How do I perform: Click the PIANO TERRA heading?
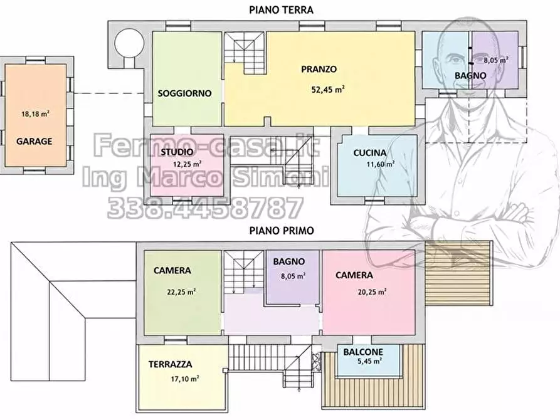(x=281, y=9)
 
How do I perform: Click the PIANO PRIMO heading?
(x=282, y=230)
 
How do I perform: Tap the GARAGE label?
(x=34, y=141)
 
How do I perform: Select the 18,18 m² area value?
(x=35, y=114)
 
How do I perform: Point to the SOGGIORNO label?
(x=184, y=93)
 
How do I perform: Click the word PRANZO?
(x=319, y=69)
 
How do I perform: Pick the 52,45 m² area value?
(x=328, y=89)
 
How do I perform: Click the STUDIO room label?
(x=177, y=152)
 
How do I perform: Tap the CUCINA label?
(x=369, y=153)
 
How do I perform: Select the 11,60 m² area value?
(x=381, y=164)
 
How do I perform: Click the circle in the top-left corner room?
(x=129, y=44)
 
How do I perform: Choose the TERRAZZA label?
(x=171, y=364)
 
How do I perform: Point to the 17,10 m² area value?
(x=184, y=379)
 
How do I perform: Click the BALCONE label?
(x=363, y=352)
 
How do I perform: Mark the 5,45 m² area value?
(x=369, y=361)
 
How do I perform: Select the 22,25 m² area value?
(x=181, y=291)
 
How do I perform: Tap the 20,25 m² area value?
(x=372, y=291)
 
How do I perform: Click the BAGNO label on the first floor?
(x=289, y=261)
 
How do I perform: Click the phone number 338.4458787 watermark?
(x=205, y=208)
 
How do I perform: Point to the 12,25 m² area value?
(x=187, y=164)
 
